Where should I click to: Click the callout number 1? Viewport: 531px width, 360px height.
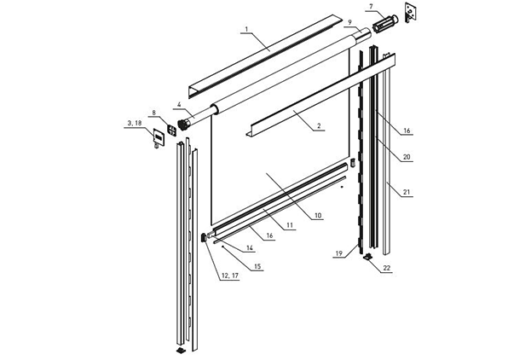click(246, 29)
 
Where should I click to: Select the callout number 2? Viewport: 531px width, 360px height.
click(319, 126)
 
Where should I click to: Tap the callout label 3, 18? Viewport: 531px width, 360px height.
click(133, 124)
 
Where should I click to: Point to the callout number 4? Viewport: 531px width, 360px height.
click(180, 105)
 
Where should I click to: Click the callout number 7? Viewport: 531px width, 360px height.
click(371, 7)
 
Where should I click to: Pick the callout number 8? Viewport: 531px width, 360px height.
click(154, 113)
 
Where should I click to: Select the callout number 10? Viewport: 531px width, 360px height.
click(318, 215)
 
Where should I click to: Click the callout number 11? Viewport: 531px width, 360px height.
click(290, 225)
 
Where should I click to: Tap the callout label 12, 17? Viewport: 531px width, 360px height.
click(230, 276)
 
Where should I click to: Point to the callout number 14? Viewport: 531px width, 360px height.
click(250, 248)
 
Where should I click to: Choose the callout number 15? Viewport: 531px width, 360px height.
click(257, 266)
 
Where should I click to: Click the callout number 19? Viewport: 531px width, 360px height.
click(339, 253)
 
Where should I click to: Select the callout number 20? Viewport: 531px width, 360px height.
click(407, 157)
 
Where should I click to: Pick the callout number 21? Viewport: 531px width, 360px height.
click(407, 192)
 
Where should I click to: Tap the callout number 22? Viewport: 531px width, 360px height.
click(386, 268)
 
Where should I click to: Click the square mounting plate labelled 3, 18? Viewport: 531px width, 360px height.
click(159, 138)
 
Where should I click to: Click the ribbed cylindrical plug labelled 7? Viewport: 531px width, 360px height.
click(385, 23)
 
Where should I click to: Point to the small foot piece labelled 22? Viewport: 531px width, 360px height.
click(368, 257)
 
